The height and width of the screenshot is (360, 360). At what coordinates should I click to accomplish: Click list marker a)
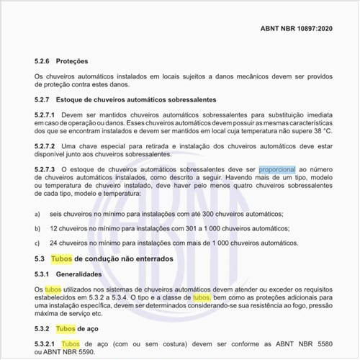tap(37, 215)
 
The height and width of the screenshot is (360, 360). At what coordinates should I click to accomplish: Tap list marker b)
tap(37, 228)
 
